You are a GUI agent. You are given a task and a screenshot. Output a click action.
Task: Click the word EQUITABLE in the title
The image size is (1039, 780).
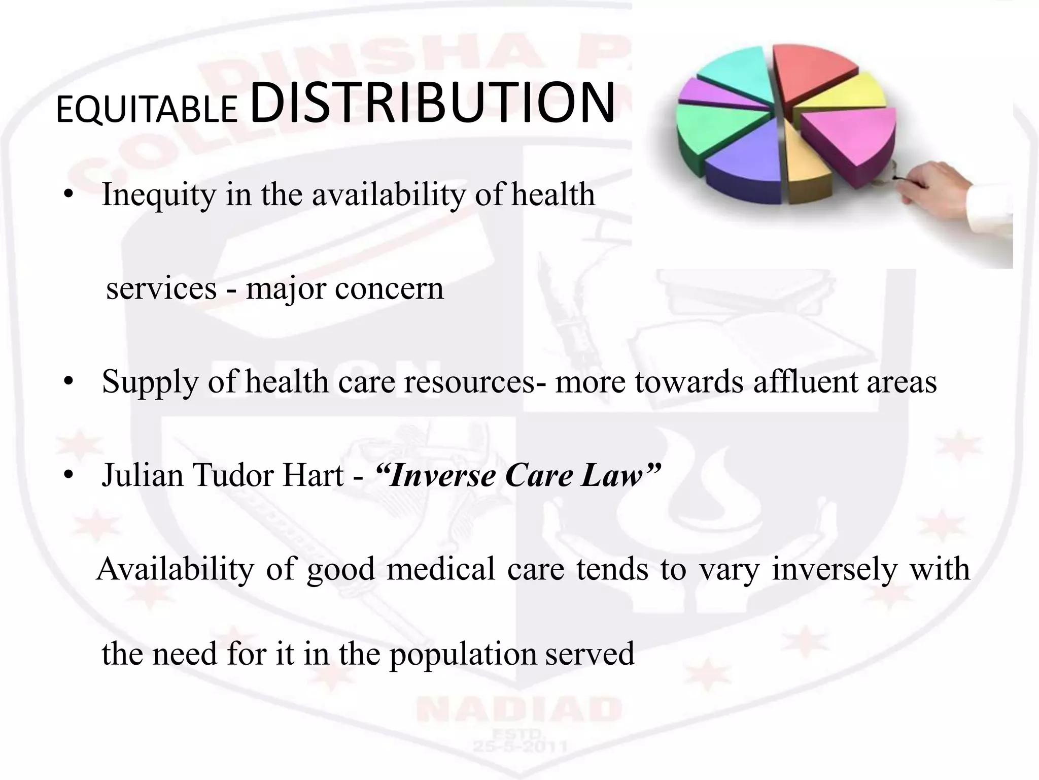point(147,110)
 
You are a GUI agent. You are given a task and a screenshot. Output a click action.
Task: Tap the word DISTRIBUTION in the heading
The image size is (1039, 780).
point(433,103)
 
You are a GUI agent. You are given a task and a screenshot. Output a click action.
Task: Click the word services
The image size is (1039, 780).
point(161,288)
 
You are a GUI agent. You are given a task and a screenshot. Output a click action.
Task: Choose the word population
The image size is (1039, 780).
point(463,654)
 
